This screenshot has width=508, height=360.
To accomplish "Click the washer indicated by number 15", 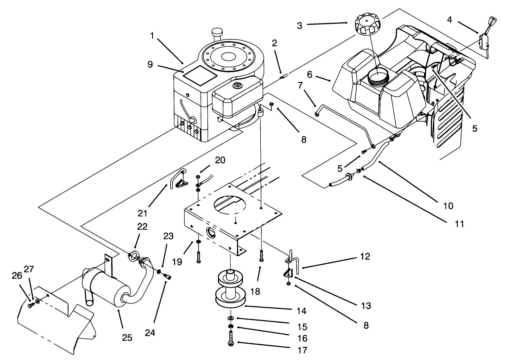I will (x=231, y=318).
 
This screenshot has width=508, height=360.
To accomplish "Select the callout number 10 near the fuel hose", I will (x=448, y=206).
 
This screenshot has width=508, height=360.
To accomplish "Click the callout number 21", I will (x=142, y=213).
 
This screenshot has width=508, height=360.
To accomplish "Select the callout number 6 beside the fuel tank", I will (x=309, y=74).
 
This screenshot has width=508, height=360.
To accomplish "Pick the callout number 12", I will (x=365, y=256).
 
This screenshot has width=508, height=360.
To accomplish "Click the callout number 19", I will (x=177, y=262).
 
